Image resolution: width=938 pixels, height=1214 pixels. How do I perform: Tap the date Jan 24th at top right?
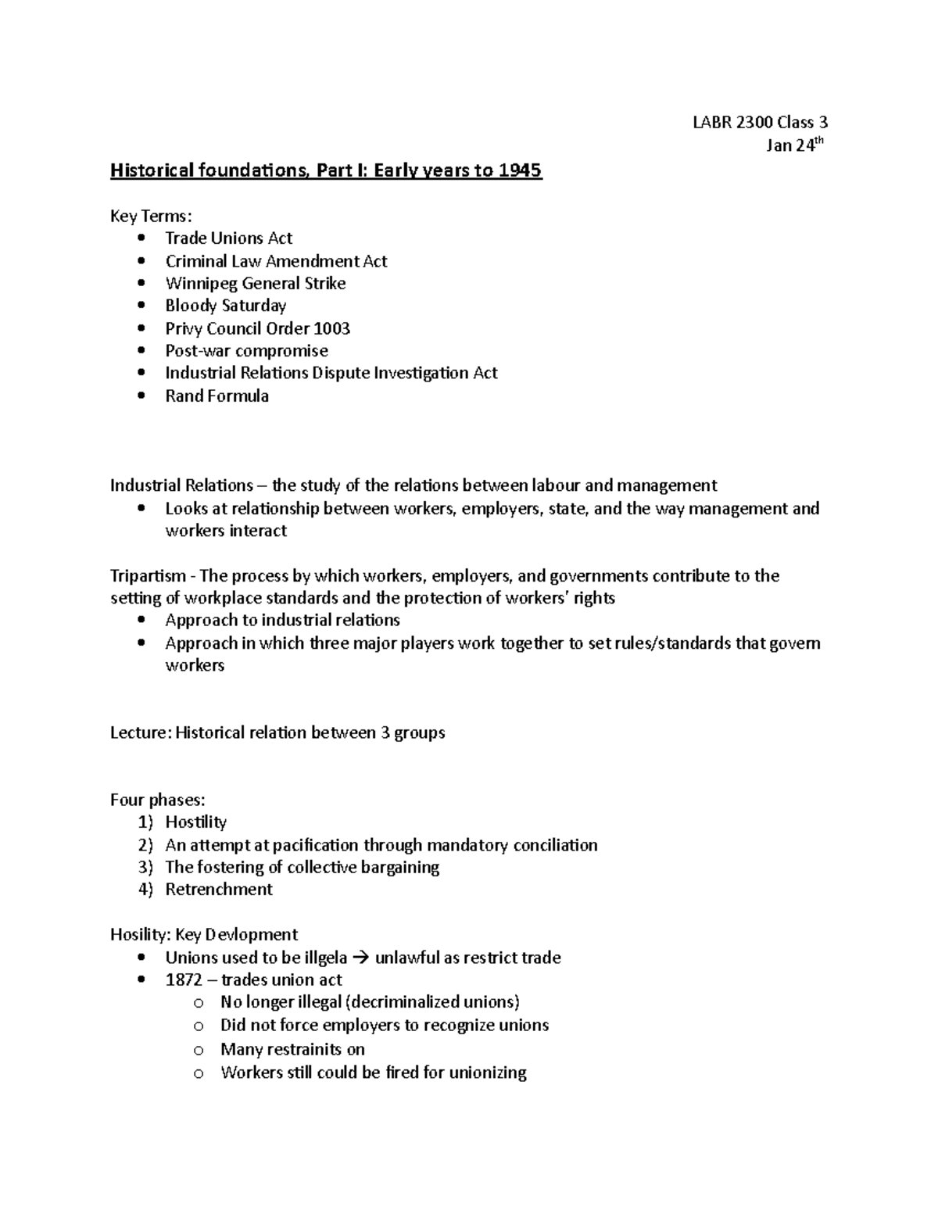click(x=795, y=145)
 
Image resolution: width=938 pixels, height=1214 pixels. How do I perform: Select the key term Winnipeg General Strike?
click(x=255, y=283)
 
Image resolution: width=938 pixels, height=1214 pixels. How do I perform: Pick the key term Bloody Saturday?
click(x=225, y=306)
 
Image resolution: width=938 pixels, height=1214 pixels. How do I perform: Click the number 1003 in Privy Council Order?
click(x=331, y=328)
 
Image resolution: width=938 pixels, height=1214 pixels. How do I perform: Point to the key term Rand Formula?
click(x=217, y=396)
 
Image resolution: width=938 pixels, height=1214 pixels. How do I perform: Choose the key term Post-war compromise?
click(x=246, y=351)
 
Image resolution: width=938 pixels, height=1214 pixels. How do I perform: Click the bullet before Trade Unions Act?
click(x=141, y=238)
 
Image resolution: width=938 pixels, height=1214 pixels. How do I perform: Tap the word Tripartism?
click(x=148, y=576)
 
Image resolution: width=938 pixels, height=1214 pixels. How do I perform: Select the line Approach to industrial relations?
click(x=282, y=621)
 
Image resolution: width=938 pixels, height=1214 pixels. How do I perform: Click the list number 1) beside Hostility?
click(x=145, y=822)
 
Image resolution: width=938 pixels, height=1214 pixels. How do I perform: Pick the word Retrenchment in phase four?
click(x=219, y=890)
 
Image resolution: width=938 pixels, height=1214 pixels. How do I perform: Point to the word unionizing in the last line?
click(x=487, y=1073)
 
